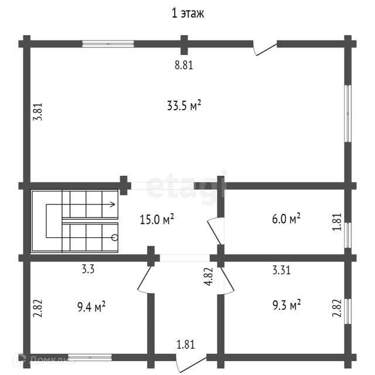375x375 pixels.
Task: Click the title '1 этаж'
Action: click(187, 13)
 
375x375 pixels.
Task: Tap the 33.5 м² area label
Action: click(184, 105)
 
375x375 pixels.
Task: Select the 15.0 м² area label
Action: click(156, 220)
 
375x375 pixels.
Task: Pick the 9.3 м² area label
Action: click(286, 305)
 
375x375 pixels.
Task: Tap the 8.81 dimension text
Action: click(183, 65)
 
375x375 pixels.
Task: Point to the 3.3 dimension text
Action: click(88, 270)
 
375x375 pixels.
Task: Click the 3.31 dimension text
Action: click(282, 270)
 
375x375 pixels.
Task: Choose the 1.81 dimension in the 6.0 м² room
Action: click(336, 221)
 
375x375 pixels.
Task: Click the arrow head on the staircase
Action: click(112, 204)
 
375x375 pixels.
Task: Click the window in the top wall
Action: click(108, 43)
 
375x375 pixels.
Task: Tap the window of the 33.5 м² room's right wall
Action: click(348, 114)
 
